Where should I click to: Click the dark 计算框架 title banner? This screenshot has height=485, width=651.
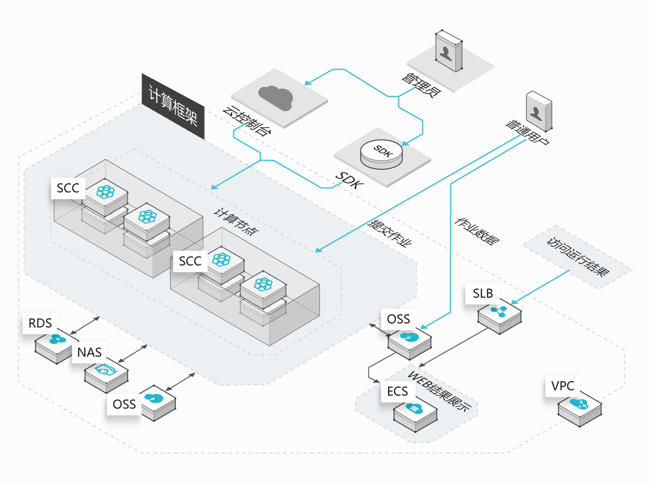pyautogui.click(x=173, y=106)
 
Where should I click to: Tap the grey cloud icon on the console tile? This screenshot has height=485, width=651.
pyautogui.click(x=276, y=97)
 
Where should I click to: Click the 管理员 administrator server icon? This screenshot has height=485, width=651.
pyautogui.click(x=448, y=51)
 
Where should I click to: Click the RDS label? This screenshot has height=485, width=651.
pyautogui.click(x=40, y=323)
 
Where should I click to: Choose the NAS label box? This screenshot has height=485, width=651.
pyautogui.click(x=89, y=353)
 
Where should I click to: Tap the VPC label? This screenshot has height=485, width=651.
pyautogui.click(x=562, y=386)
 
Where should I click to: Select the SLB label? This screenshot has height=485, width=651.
pyautogui.click(x=483, y=294)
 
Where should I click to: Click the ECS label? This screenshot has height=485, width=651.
pyautogui.click(x=397, y=391)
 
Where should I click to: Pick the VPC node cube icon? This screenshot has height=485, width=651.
pyautogui.click(x=580, y=408)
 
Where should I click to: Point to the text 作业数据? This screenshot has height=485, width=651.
pyautogui.click(x=477, y=231)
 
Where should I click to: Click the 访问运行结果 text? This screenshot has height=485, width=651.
pyautogui.click(x=578, y=257)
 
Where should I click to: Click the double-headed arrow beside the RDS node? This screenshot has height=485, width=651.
pyautogui.click(x=85, y=325)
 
